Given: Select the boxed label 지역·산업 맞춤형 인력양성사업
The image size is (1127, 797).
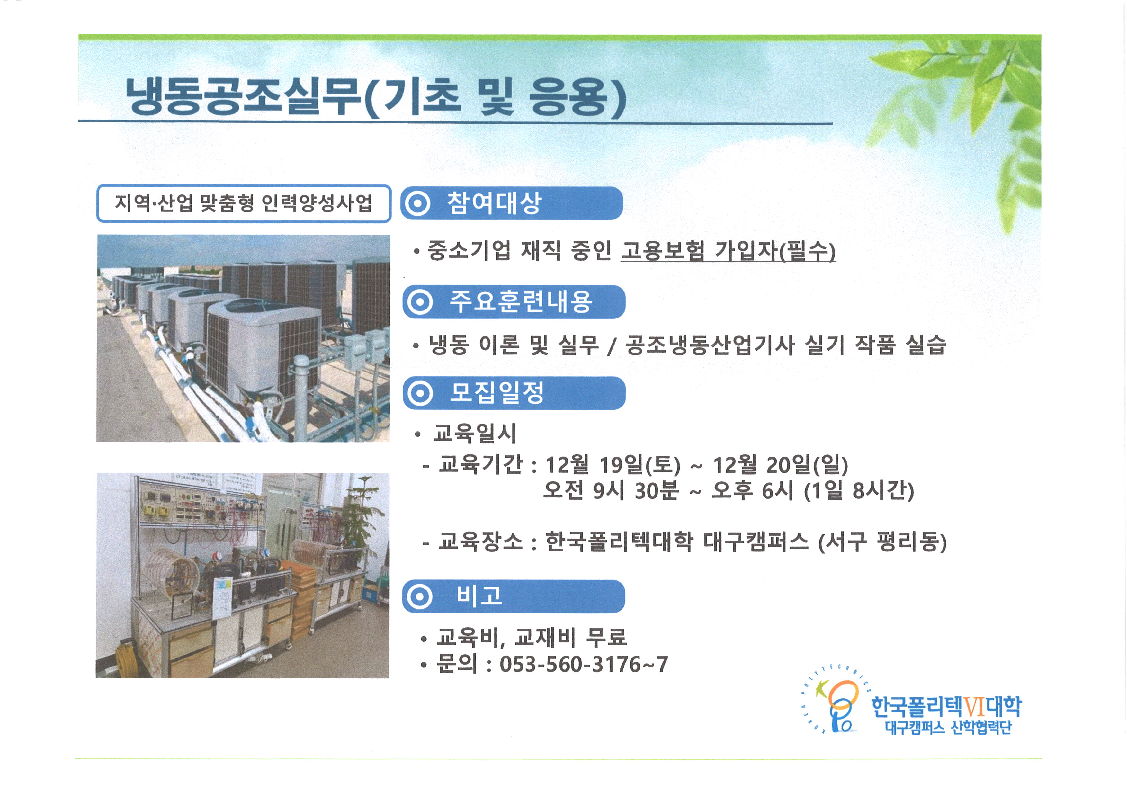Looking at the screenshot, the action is (x=244, y=203).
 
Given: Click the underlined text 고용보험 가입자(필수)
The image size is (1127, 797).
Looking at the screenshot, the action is (x=729, y=251).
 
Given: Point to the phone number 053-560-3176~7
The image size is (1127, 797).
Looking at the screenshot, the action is (x=584, y=665).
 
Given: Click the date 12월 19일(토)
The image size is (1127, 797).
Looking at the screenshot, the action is (x=613, y=465).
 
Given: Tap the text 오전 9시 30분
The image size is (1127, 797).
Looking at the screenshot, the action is (x=611, y=491).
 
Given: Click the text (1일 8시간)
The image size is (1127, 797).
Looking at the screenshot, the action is (x=859, y=491).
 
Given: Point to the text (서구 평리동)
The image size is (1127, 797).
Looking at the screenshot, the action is (x=882, y=542).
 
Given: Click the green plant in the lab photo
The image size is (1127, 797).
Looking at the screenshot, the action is (x=362, y=515).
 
